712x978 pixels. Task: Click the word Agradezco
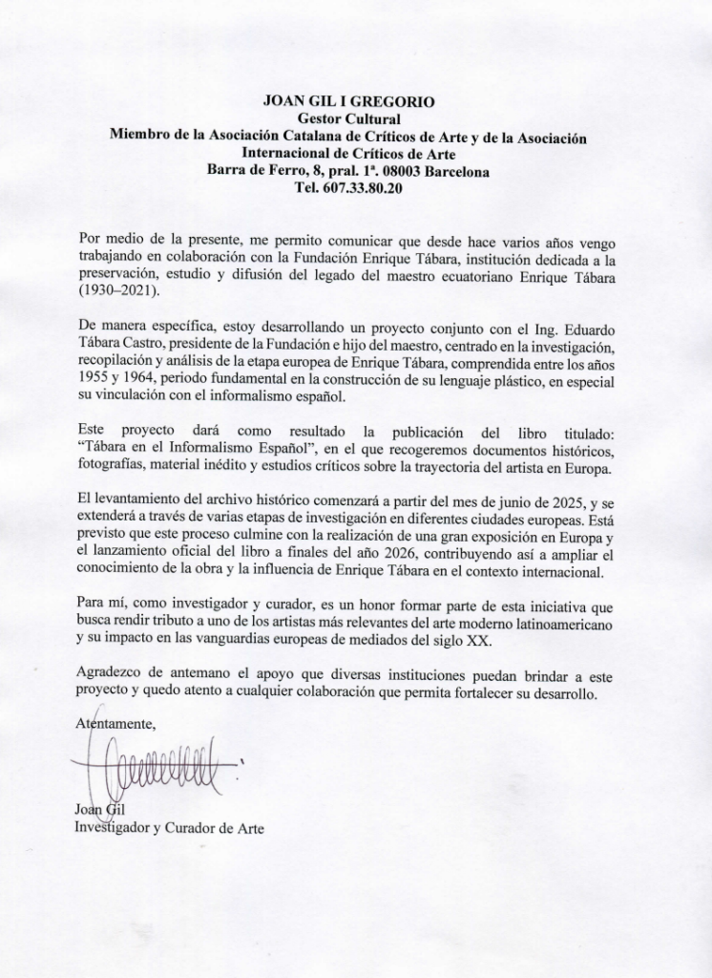112,677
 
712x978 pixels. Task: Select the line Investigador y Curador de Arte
168,827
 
